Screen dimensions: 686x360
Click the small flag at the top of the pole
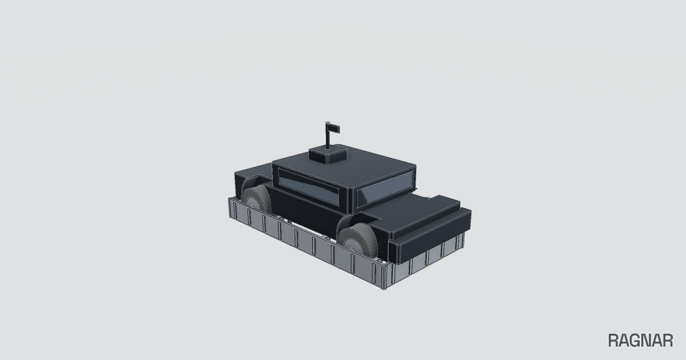tap(334, 129)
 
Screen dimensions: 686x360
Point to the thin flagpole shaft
tap(328, 135)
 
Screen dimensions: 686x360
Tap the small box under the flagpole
tap(328, 155)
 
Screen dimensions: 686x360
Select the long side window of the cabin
tap(309, 186)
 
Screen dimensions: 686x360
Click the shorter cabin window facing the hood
tap(385, 187)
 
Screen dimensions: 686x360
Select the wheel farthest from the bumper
tap(256, 198)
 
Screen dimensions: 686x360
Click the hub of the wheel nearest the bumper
tap(352, 246)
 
